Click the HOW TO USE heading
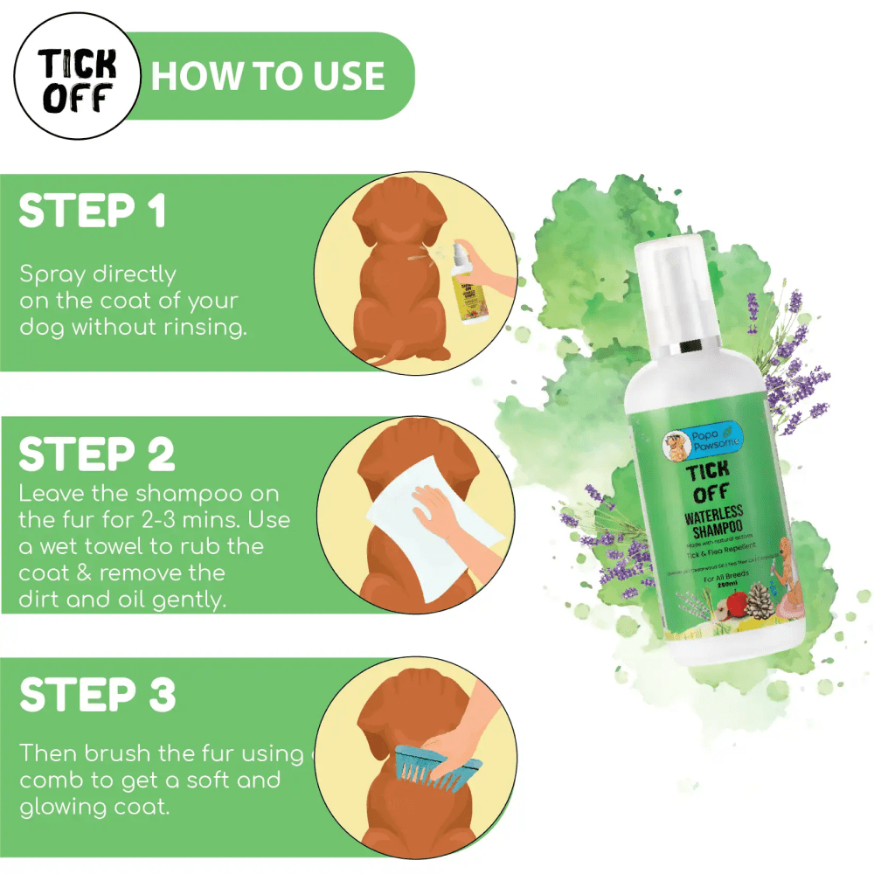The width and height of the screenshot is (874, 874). [x=267, y=76]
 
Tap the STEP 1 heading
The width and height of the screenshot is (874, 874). [x=93, y=212]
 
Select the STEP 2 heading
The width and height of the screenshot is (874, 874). [x=97, y=454]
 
